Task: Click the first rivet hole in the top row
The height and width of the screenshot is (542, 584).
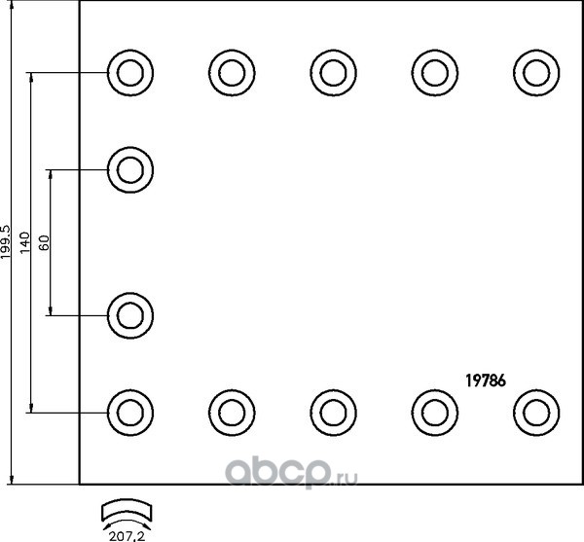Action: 129,72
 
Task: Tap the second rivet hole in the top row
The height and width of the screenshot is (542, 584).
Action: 232,72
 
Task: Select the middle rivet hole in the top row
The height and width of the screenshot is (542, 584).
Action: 334,72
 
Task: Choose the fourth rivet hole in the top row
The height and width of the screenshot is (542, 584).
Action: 434,72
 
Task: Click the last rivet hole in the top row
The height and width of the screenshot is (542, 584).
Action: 535,72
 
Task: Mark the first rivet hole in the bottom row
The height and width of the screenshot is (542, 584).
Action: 129,412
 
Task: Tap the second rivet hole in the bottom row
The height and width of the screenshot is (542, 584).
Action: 232,412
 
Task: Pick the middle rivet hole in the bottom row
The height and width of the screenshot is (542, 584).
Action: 334,412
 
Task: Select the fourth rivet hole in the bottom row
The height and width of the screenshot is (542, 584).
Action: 434,412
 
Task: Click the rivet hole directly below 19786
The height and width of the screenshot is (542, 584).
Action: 535,412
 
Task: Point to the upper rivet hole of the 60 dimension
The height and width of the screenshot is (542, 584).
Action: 129,169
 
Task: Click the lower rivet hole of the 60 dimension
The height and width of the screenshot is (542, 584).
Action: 129,314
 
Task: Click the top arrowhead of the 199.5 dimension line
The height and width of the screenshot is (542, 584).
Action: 12,5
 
